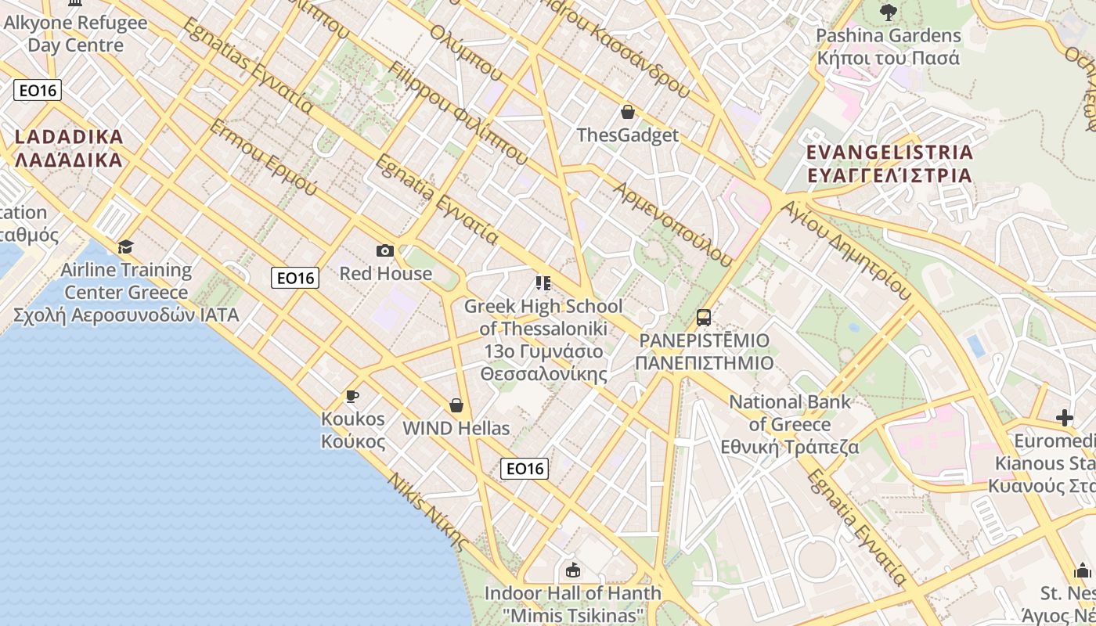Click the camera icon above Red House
[384, 250]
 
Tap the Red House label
[385, 273]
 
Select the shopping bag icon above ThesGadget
[627, 112]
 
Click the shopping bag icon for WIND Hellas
[456, 405]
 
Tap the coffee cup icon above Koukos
[352, 396]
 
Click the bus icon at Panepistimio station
[704, 318]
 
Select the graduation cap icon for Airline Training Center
[125, 247]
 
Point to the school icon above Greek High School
[543, 282]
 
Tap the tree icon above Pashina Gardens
[888, 13]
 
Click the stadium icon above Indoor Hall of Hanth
[573, 570]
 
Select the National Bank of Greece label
[790, 424]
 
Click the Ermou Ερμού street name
[263, 159]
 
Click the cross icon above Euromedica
[1064, 418]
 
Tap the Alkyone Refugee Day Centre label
[75, 34]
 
